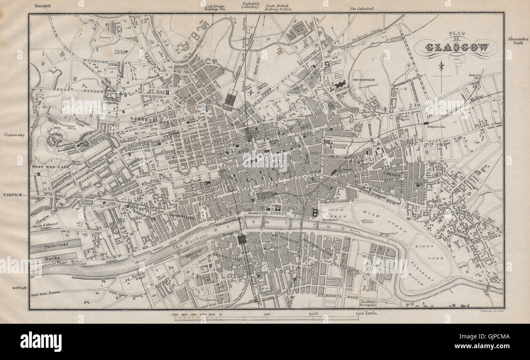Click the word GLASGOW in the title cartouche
(456, 48)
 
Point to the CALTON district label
(392, 174)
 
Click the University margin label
(15, 135)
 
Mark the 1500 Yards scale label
(367, 314)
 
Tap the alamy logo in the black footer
(41, 341)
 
